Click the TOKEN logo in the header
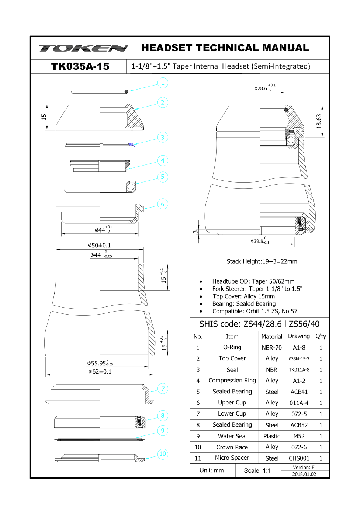coord(84,48)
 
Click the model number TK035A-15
coord(80,66)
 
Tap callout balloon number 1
coord(163,83)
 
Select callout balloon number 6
coord(163,204)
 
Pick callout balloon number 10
coord(163,454)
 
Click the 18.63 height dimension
coord(319,121)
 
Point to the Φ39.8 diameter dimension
coord(260,241)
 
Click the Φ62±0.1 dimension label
coord(100,371)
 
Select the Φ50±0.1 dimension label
coord(99,245)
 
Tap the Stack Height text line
coord(262,261)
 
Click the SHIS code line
coord(259,324)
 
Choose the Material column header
coord(271,337)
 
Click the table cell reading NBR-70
coord(271,348)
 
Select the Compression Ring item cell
coord(232,381)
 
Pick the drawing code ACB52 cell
coord(299,425)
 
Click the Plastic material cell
coord(271,436)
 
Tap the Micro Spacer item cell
coord(232,458)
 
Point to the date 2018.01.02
coord(304,474)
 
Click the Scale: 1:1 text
coord(257,470)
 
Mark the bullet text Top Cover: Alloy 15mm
coord(243,296)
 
